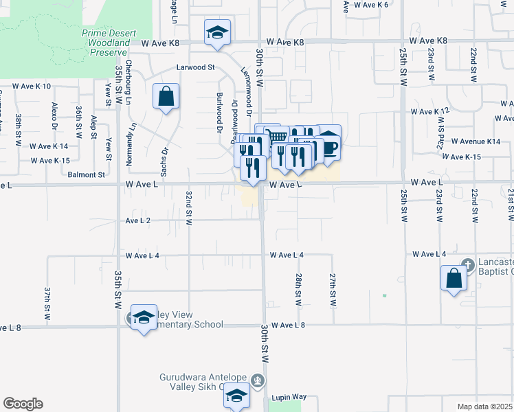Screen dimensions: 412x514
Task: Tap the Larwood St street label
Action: point(196,68)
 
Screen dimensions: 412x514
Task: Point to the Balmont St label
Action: point(86,174)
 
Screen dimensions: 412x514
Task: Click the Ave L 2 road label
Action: point(138,220)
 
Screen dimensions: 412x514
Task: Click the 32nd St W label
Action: point(188,207)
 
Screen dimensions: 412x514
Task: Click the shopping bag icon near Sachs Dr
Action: point(166,98)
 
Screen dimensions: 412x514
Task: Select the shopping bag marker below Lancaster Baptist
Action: point(454,279)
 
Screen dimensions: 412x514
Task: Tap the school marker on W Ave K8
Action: point(217,32)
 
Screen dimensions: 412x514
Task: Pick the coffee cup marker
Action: point(328,146)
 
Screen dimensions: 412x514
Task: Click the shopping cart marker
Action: point(276,136)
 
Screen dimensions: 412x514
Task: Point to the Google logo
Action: point(23,404)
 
